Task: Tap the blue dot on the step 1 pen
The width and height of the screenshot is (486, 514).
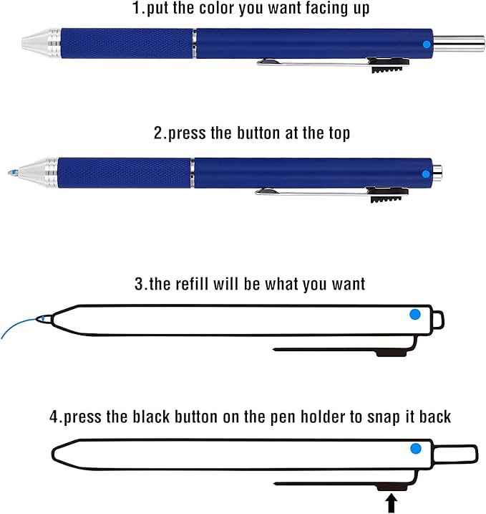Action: pyautogui.click(x=427, y=44)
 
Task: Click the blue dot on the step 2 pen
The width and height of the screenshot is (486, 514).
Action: pyautogui.click(x=426, y=173)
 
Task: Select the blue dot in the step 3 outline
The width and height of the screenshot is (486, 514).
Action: pyautogui.click(x=414, y=314)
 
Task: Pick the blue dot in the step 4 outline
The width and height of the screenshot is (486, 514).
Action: pyautogui.click(x=415, y=449)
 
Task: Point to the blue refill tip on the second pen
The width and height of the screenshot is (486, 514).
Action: pyautogui.click(x=13, y=173)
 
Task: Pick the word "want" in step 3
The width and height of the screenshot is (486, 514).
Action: pyautogui.click(x=346, y=283)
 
